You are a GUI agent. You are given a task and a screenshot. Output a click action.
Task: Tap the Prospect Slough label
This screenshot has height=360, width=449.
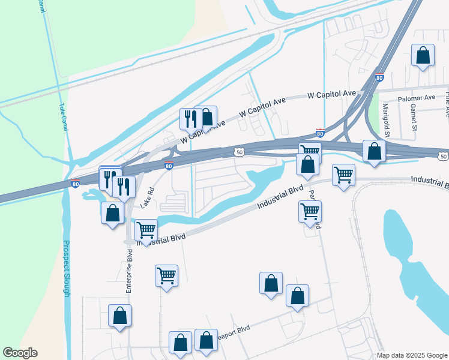click(x=66, y=268)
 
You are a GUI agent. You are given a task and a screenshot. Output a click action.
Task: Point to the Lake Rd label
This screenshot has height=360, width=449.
click(x=148, y=197)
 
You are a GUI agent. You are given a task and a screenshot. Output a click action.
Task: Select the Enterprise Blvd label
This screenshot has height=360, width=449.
click(x=128, y=271)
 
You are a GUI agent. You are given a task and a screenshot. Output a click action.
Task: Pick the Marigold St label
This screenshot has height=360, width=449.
click(x=386, y=120)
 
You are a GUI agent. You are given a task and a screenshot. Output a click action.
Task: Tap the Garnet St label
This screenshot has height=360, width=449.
click(x=414, y=117)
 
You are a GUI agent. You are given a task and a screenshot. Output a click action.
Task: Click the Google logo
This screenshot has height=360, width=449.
click(x=20, y=353)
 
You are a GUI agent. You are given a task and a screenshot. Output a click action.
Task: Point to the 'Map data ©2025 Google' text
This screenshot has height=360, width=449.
click(x=411, y=355)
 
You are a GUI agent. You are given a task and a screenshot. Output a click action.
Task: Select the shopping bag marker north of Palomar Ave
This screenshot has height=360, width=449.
click(x=423, y=56)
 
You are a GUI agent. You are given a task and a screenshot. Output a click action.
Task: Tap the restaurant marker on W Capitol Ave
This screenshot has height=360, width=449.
click(x=190, y=119)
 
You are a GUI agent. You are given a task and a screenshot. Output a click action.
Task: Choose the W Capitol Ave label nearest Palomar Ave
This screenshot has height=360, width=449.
click(x=331, y=95)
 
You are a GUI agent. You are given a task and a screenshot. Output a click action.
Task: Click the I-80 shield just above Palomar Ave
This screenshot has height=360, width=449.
click(x=379, y=77)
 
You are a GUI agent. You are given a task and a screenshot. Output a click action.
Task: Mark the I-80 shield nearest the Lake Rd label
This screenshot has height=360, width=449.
click(x=169, y=166)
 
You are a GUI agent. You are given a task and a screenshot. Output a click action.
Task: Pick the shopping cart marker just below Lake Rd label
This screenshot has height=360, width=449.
click(x=146, y=230)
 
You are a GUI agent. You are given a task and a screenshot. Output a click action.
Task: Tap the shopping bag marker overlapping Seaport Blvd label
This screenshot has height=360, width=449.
click(x=206, y=341)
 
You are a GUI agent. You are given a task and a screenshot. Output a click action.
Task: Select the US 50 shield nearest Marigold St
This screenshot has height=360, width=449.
click(x=443, y=156)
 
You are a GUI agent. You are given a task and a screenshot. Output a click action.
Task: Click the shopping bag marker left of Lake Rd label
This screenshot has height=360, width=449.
click(x=112, y=213)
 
